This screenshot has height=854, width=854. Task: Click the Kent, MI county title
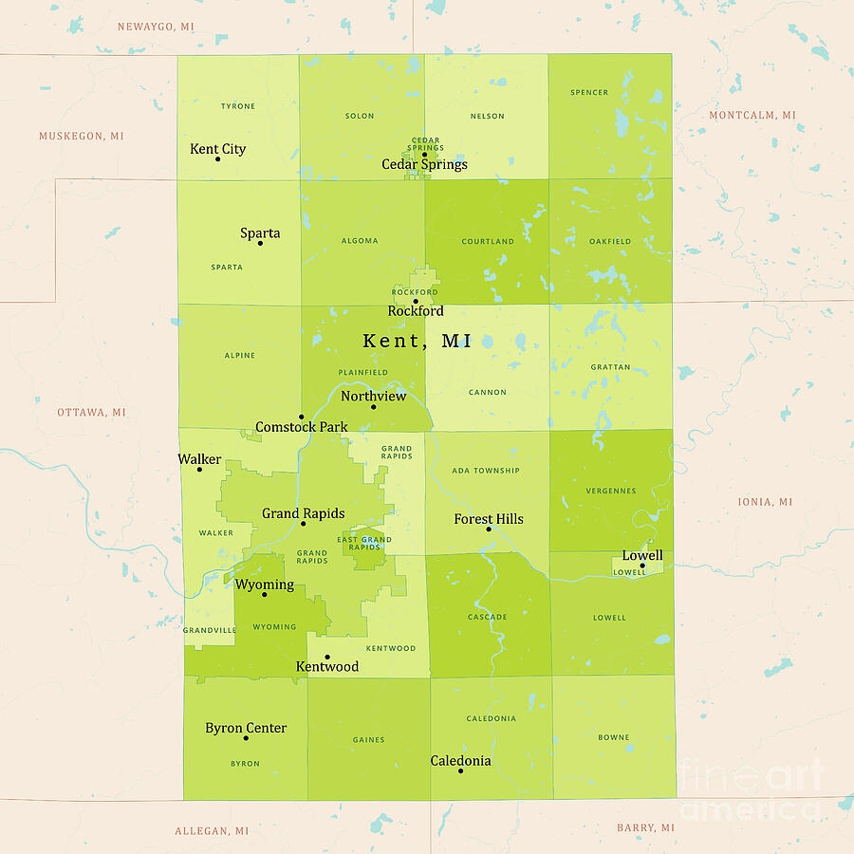[x=418, y=341]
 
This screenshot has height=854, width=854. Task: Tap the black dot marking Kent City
[x=217, y=158]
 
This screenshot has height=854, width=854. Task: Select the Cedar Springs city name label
[x=424, y=164]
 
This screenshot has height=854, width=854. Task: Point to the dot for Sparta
[x=260, y=243]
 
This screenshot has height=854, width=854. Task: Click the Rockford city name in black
[x=416, y=311]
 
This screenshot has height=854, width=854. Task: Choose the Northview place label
[x=373, y=396]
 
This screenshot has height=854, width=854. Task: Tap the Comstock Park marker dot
[x=301, y=417]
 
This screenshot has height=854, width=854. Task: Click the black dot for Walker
[x=199, y=469]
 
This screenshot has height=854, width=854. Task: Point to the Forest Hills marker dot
[x=489, y=529]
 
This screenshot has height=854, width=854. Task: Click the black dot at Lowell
[x=642, y=566]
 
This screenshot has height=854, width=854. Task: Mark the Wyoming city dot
[x=265, y=594]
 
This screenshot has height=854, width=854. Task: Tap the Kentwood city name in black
[x=327, y=667]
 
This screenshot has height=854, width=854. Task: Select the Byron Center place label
[x=246, y=728]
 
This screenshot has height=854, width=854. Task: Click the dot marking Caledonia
[x=460, y=770]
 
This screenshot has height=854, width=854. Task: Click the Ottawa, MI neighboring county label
[x=91, y=413]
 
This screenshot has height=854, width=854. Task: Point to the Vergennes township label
[x=611, y=491]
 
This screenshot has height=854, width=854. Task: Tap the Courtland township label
[x=488, y=241]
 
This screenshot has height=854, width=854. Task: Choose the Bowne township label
[x=613, y=737]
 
